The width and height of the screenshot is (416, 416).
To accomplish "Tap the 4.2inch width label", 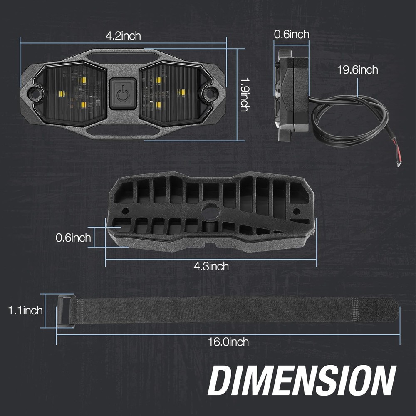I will tap(123, 36).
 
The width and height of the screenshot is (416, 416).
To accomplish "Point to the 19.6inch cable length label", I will tap(357, 70).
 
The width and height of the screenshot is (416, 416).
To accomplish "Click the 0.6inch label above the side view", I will tap(291, 35).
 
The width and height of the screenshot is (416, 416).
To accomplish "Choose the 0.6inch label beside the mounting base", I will tap(73, 238).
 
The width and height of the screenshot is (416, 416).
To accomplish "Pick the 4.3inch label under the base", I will tap(211, 266).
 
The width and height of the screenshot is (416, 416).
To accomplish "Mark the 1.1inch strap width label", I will tap(25, 310).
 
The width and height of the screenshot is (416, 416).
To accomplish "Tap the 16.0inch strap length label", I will tap(228, 342).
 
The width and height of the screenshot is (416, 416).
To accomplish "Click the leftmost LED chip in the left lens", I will tap(61, 93).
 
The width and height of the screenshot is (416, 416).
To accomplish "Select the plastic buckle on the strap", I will tap(66, 311).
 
